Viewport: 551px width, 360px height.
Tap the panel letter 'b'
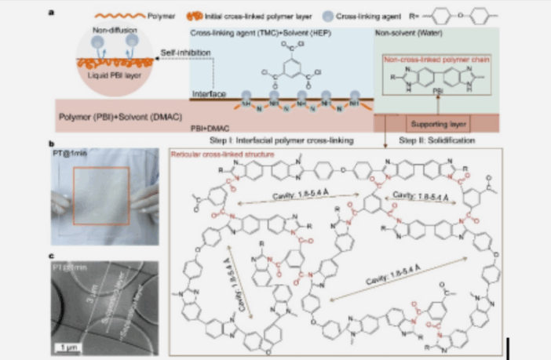pos(51,145)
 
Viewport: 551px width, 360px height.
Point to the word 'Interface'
pos(208,93)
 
